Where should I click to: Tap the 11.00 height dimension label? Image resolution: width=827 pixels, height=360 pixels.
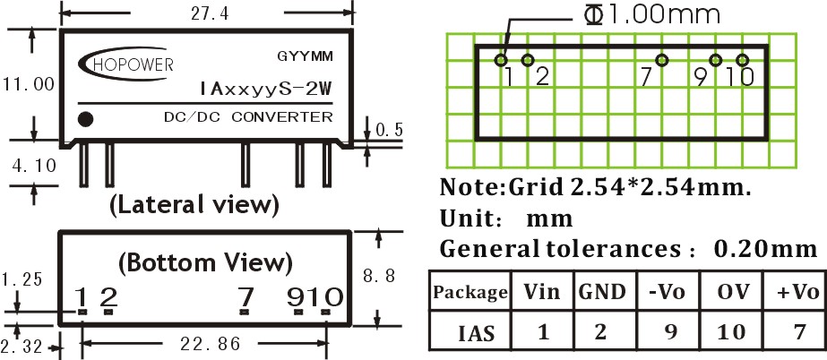[x=29, y=84]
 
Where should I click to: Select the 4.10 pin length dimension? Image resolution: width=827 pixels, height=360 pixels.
[x=34, y=166]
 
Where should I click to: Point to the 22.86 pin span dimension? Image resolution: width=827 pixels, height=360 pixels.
[x=210, y=344]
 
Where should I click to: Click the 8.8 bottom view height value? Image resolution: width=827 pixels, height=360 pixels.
[x=379, y=276]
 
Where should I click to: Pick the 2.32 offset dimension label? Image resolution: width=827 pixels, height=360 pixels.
[x=21, y=347]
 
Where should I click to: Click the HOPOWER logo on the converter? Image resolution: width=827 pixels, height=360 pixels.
[x=126, y=64]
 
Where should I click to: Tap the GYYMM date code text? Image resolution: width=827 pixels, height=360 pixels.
[x=305, y=56]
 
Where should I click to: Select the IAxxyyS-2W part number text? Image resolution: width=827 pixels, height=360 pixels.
[x=266, y=89]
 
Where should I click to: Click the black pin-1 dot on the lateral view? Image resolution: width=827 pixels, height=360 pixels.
[x=85, y=119]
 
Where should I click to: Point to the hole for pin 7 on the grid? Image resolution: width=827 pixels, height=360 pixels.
[x=662, y=61]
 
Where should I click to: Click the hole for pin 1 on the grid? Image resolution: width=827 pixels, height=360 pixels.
[x=501, y=60]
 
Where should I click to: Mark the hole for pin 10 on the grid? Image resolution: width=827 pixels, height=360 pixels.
[x=743, y=61]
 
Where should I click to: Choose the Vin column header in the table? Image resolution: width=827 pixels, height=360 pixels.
[x=542, y=290]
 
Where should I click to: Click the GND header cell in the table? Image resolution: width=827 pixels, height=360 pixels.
[x=605, y=290]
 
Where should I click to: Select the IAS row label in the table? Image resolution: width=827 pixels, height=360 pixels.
[x=477, y=332]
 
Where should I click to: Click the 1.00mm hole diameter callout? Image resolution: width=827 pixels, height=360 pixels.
[x=652, y=14]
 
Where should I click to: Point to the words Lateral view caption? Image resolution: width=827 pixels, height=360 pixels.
[x=194, y=205]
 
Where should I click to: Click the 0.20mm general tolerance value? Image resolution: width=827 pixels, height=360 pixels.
[x=765, y=248]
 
